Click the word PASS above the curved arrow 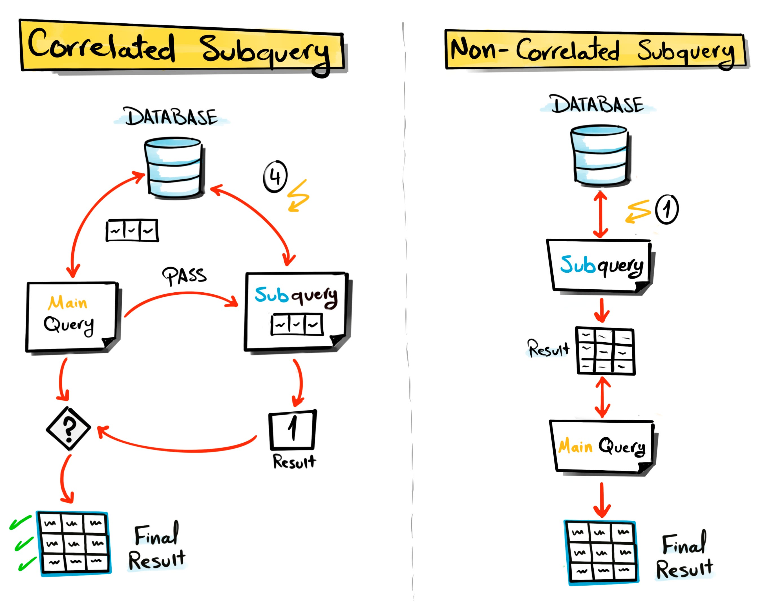point(184,276)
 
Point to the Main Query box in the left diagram point(72,316)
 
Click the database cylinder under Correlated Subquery point(174,167)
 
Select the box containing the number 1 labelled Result point(293,430)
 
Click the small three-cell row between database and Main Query point(132,230)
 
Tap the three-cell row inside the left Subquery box point(297,324)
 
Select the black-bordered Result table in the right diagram point(605,351)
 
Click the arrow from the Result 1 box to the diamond point(177,449)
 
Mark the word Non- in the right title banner point(477,50)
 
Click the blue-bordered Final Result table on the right point(602,552)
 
